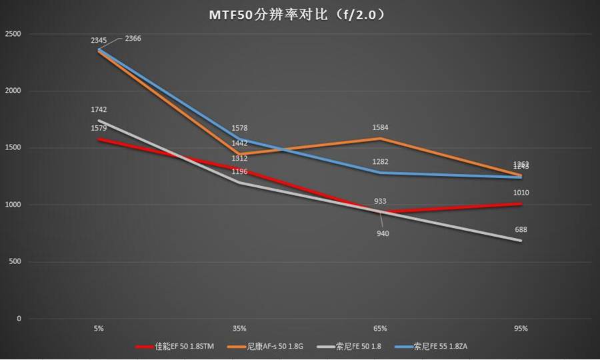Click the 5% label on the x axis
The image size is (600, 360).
(x=99, y=329)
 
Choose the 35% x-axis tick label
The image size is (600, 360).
(x=239, y=329)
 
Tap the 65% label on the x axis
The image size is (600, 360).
(x=381, y=329)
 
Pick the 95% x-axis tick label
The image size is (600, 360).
(x=521, y=329)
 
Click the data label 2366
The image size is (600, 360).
(x=132, y=39)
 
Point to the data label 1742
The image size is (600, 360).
(x=99, y=109)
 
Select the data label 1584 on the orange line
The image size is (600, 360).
(x=381, y=127)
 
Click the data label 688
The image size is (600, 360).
(x=522, y=229)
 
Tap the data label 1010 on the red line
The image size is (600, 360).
(x=522, y=193)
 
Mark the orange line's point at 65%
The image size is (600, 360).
(x=381, y=139)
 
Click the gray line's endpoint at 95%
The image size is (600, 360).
(x=521, y=241)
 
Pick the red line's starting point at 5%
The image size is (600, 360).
(x=99, y=139)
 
